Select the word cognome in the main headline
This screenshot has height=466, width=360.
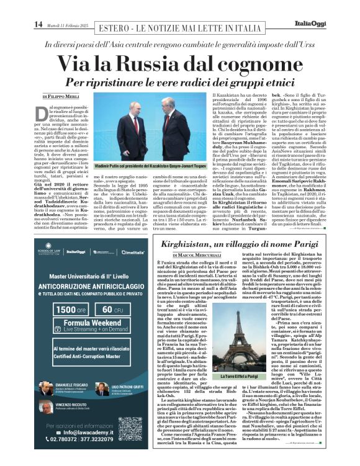pyautogui.click(x=267, y=63)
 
